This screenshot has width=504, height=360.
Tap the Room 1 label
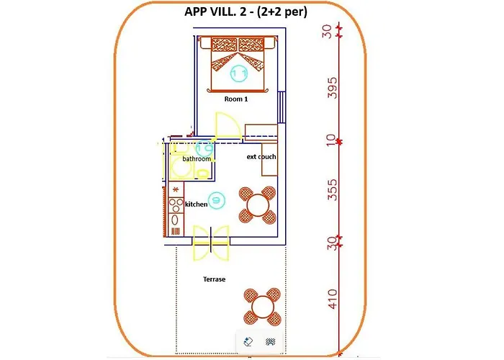click(x=236, y=99)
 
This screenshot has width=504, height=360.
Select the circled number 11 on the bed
click(x=239, y=73)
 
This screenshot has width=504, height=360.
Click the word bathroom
click(x=197, y=158)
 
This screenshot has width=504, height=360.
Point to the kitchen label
click(x=197, y=204)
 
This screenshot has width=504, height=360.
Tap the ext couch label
click(x=261, y=156)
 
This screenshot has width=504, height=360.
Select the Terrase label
click(x=214, y=279)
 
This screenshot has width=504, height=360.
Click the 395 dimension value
click(x=333, y=87)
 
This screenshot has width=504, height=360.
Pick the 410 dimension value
click(x=333, y=298)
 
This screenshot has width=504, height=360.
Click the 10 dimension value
click(x=333, y=141)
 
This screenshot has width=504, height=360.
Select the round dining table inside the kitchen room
click(x=258, y=204)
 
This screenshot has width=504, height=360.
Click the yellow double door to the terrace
click(x=210, y=242)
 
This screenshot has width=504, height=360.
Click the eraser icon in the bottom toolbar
click(x=248, y=342)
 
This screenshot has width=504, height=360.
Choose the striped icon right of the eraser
click(x=271, y=342)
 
